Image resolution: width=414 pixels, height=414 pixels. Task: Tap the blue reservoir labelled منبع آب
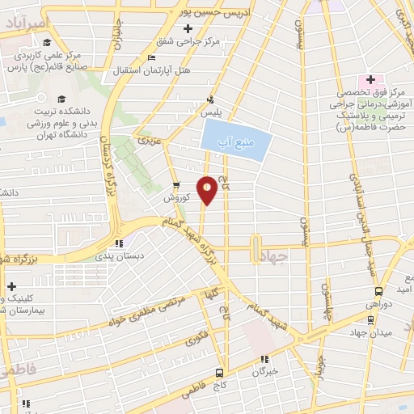[x=237, y=142]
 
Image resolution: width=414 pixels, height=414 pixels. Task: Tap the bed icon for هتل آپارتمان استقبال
[x=151, y=57]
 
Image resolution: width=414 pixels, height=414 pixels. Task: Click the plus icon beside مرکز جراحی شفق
[x=188, y=30]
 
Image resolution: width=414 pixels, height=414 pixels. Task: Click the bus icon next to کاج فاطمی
[x=219, y=373]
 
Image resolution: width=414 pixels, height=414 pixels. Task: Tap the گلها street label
[x=212, y=292]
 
